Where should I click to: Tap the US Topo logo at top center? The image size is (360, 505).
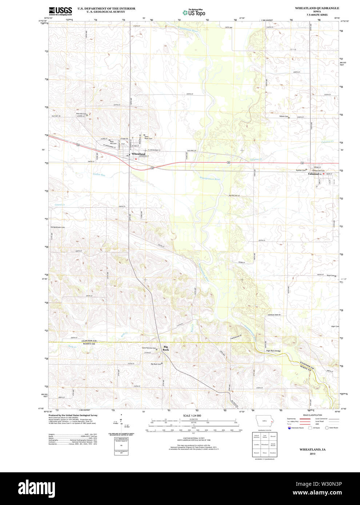tap(194, 12)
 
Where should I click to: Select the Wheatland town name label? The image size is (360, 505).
tap(139, 154)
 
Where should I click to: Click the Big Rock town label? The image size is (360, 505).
tap(166, 348)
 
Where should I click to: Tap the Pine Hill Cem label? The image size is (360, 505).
tap(81, 114)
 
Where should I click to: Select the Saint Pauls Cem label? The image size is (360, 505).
tap(148, 138)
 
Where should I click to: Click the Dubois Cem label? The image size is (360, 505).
tap(284, 117)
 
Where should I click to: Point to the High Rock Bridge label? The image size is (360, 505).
tap(273, 351)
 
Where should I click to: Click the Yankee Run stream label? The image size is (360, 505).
tap(99, 175)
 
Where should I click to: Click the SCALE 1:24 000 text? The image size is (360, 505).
tap(192, 415)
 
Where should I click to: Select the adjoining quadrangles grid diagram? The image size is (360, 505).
tap(264, 444)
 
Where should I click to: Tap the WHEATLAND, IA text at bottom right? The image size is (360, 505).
tap(312, 449)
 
